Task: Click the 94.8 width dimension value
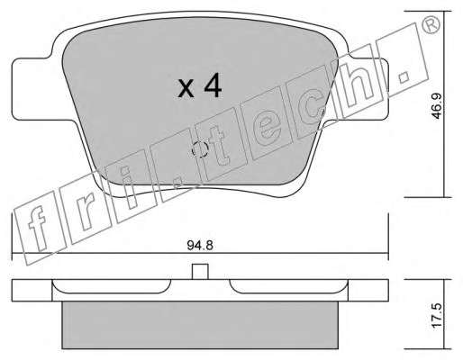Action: click(200, 246)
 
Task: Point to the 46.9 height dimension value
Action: click(437, 105)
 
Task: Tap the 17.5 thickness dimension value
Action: click(437, 315)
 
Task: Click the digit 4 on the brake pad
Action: click(213, 85)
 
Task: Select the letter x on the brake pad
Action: click(186, 90)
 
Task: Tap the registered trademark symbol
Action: click(431, 24)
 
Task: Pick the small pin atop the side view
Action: click(200, 272)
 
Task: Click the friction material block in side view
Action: click(200, 325)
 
